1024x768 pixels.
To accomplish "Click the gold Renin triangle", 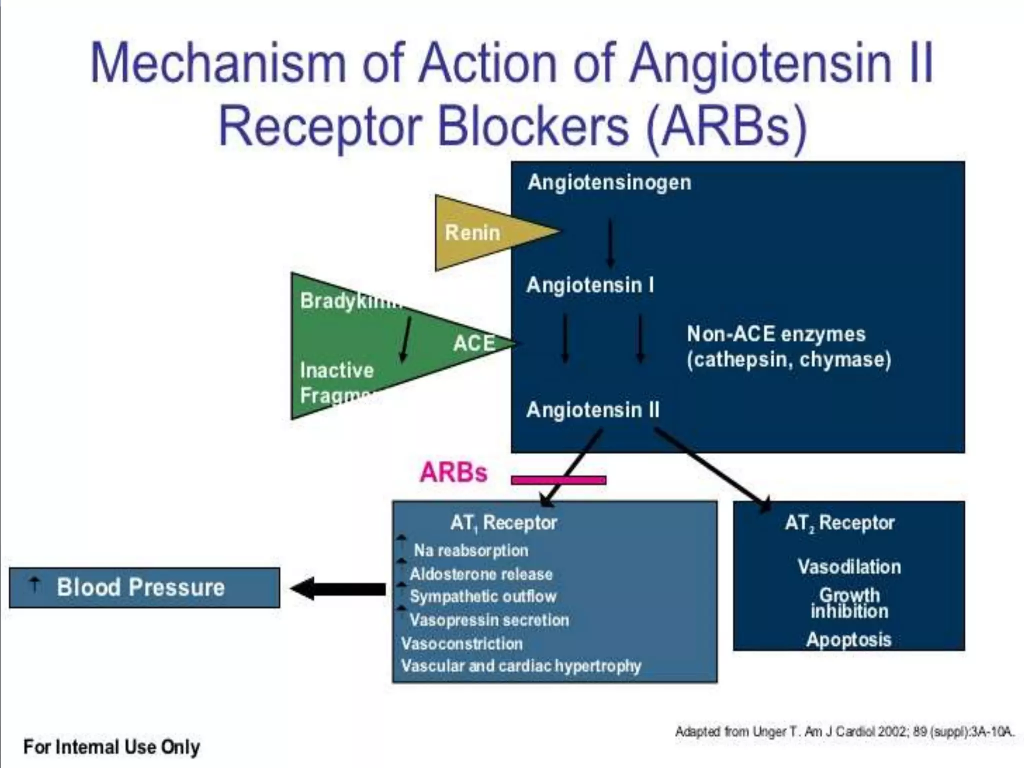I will pyautogui.click(x=480, y=233).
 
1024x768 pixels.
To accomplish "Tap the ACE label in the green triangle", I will pyautogui.click(x=473, y=343).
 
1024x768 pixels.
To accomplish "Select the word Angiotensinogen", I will pyautogui.click(x=609, y=182).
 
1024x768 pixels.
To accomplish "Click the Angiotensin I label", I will pyautogui.click(x=589, y=285).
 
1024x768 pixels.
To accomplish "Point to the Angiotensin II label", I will pyautogui.click(x=592, y=410).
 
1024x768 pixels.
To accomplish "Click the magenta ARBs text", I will pyautogui.click(x=453, y=472).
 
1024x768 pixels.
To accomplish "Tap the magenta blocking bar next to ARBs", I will pyautogui.click(x=558, y=480).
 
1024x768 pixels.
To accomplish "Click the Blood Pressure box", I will pyautogui.click(x=144, y=587).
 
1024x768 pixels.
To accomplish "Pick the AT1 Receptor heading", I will pyautogui.click(x=503, y=523).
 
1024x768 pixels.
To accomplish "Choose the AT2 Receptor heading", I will pyautogui.click(x=839, y=523).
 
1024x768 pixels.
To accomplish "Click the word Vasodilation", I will pyautogui.click(x=848, y=567).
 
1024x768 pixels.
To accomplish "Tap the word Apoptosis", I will pyautogui.click(x=848, y=639).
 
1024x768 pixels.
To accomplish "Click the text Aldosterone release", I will pyautogui.click(x=480, y=574).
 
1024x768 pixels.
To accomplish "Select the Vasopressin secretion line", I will pyautogui.click(x=488, y=620).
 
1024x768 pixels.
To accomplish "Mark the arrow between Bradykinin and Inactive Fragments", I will pyautogui.click(x=405, y=338).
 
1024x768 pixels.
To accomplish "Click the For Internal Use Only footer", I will pyautogui.click(x=111, y=747).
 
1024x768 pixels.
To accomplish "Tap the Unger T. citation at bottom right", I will pyautogui.click(x=844, y=732).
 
